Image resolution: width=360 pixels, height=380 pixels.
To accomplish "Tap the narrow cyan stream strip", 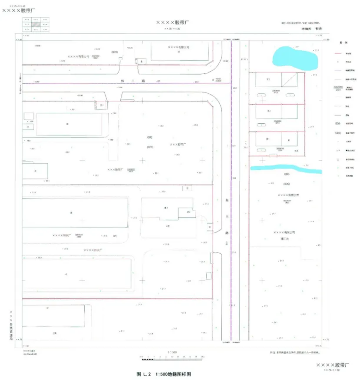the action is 285,169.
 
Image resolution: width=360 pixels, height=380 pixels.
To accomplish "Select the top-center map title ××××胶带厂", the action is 173,22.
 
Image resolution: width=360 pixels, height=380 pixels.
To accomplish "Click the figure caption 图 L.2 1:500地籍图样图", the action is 164,374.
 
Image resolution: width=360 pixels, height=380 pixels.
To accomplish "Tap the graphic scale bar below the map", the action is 174,358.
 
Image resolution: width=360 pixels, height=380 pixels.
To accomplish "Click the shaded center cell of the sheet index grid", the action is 36,24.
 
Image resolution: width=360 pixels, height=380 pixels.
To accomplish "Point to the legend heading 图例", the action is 343,43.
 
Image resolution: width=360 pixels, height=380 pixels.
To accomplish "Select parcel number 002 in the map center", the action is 150,137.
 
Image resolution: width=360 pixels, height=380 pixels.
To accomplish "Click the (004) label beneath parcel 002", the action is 150,147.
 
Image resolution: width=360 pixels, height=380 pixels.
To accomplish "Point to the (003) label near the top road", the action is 115,52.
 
